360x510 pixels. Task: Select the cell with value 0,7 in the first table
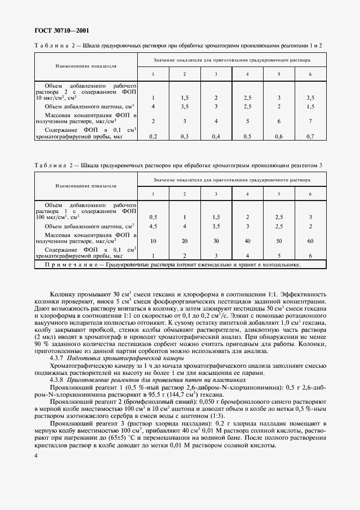[310, 136]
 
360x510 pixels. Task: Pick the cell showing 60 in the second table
[310, 241]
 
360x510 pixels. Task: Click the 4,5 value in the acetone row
[153, 226]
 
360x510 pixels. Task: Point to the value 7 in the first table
[310, 121]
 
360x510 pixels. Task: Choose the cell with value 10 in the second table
[153, 241]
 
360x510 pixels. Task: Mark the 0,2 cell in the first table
[153, 136]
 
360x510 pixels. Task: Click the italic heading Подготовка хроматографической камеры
[114, 360]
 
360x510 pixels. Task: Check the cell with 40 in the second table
[247, 241]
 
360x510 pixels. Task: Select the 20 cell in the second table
[184, 241]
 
